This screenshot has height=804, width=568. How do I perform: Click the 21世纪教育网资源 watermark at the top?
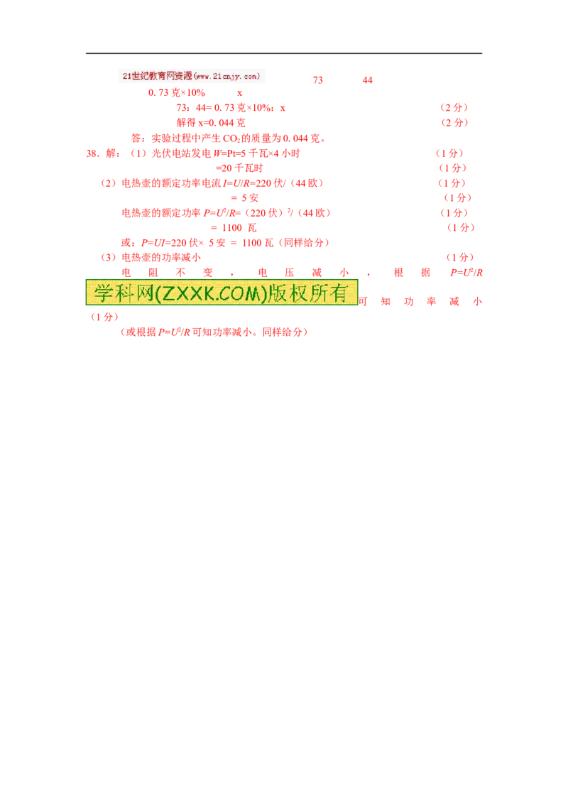click(x=191, y=76)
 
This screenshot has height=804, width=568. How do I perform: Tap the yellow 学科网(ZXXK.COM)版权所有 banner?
click(x=222, y=293)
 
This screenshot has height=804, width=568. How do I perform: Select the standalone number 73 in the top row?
click(x=318, y=80)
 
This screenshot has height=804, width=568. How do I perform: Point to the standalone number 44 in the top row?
click(x=368, y=80)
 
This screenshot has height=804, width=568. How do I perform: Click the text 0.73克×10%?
click(x=177, y=93)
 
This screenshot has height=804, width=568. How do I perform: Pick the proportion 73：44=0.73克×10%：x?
click(x=231, y=108)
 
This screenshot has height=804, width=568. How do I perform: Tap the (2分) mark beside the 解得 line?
click(x=454, y=123)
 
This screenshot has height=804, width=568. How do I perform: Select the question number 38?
click(x=92, y=153)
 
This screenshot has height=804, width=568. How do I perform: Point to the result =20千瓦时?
click(x=239, y=168)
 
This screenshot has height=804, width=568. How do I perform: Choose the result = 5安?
click(x=244, y=198)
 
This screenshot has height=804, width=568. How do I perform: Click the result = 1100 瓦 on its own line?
click(x=234, y=228)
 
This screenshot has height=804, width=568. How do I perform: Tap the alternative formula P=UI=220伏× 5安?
click(x=183, y=242)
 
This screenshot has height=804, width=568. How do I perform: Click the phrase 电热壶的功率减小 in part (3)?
click(x=161, y=257)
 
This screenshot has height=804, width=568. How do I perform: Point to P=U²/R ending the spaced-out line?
click(x=466, y=272)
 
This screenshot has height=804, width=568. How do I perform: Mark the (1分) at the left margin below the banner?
click(x=104, y=317)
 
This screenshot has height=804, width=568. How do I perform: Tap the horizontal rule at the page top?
click(x=284, y=53)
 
